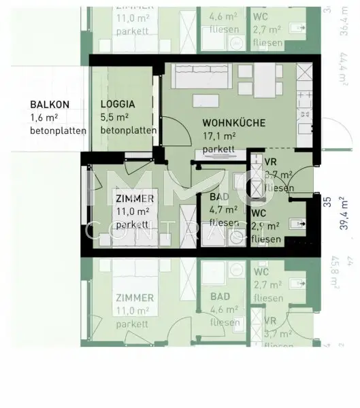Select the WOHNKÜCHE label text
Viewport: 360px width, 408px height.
point(233,123)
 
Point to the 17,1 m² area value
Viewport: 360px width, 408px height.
point(218,137)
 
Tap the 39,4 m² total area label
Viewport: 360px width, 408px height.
point(348,221)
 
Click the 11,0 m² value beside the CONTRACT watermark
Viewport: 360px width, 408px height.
point(131,211)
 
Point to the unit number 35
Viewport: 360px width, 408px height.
point(327,201)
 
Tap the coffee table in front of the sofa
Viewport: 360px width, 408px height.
point(206,101)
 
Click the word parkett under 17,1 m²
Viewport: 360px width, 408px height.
point(218,149)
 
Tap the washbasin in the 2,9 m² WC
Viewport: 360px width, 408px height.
point(295,222)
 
